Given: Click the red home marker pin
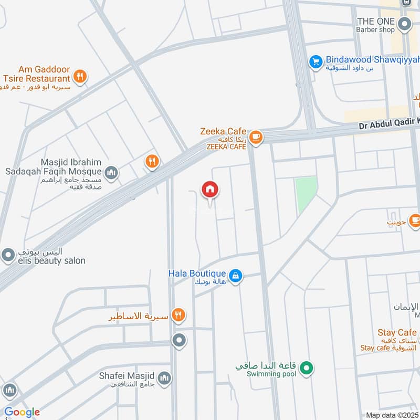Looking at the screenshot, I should [x=210, y=190].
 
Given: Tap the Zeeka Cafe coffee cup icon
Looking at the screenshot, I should [x=255, y=137].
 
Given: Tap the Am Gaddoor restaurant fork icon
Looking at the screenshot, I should [x=80, y=77].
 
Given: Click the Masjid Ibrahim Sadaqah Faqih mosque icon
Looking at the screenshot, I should [x=111, y=172].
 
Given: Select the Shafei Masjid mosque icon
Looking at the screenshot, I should [x=165, y=379].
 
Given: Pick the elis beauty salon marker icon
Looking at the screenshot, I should [x=8, y=256].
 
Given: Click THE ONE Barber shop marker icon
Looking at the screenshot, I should [x=404, y=24].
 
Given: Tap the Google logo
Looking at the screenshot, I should [x=22, y=412].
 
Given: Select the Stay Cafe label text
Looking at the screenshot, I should [x=396, y=332].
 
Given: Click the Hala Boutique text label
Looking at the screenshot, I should [x=197, y=274].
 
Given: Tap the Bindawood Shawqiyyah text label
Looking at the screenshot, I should [x=365, y=60].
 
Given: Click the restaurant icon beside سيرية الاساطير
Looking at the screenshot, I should [x=179, y=315].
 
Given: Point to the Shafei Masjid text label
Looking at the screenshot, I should [x=127, y=375].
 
